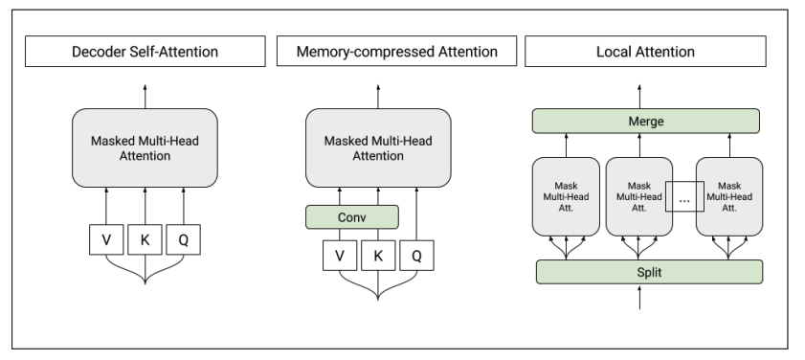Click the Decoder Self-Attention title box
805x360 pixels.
[145, 50]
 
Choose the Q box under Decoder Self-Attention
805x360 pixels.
[183, 240]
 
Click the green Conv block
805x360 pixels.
[351, 216]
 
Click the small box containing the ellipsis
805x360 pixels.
[683, 199]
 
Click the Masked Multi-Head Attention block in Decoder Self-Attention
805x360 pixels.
[145, 147]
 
